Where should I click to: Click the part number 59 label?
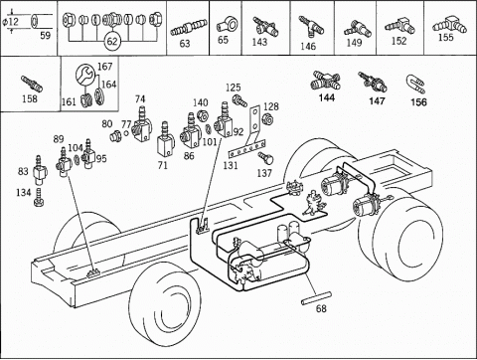(x=46, y=36)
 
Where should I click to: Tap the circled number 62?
(x=112, y=41)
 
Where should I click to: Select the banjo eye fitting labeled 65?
(x=228, y=25)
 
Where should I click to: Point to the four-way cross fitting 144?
(x=326, y=81)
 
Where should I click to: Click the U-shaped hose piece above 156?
(x=415, y=85)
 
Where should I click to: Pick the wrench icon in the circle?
(x=85, y=76)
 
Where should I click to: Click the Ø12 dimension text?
(x=11, y=22)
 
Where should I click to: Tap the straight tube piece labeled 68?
(x=316, y=297)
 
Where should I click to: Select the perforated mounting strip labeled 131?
(x=247, y=149)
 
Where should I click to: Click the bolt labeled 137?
(x=265, y=158)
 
